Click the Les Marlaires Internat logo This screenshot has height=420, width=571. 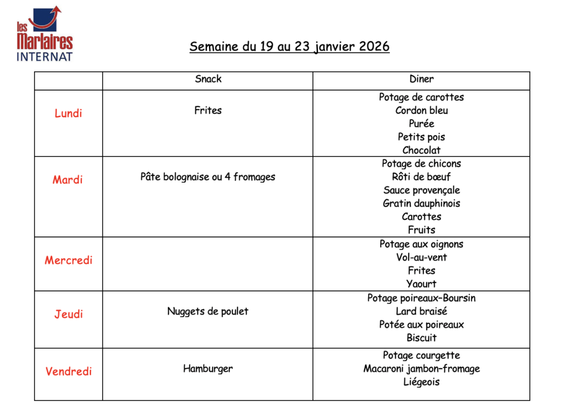coord(45,33)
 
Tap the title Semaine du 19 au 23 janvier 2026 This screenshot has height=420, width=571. coord(289,46)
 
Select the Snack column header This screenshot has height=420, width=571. coord(208,79)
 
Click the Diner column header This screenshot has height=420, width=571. coord(421,79)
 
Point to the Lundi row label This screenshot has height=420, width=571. coord(68,114)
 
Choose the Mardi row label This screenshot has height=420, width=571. coord(68,180)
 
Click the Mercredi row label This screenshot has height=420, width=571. coord(68,260)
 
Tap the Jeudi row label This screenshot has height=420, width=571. coord(68,314)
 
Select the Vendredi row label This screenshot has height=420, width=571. coord(68,372)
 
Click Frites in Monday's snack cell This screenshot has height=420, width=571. coord(208,110)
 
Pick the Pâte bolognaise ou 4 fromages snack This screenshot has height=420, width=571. coord(208,177)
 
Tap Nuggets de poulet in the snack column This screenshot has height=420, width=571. coord(208,311)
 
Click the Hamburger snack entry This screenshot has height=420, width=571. coord(208,369)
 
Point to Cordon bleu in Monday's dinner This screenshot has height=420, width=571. coord(421,110)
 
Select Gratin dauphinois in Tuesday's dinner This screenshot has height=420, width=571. coord(421,203)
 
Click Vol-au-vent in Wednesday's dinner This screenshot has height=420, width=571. coord(421,257)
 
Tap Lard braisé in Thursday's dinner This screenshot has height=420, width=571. coord(421,311)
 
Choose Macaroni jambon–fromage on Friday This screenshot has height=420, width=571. coord(421,369)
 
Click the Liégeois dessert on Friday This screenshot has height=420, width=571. coord(421,382)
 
